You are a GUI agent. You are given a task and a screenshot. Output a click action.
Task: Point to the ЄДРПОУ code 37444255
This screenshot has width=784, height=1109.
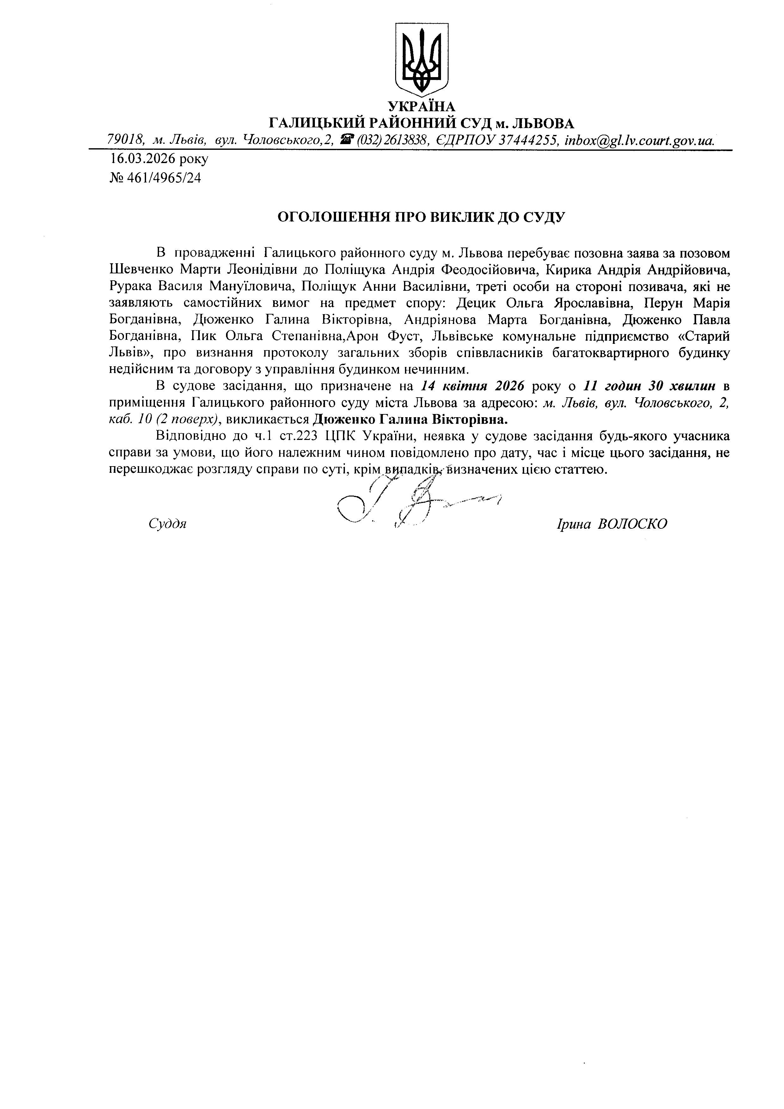click(x=527, y=140)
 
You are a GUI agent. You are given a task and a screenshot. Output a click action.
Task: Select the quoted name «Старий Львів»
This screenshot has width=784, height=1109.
click(x=676, y=337)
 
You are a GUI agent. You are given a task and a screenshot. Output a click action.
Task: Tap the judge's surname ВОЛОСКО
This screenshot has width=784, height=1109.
click(x=632, y=524)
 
